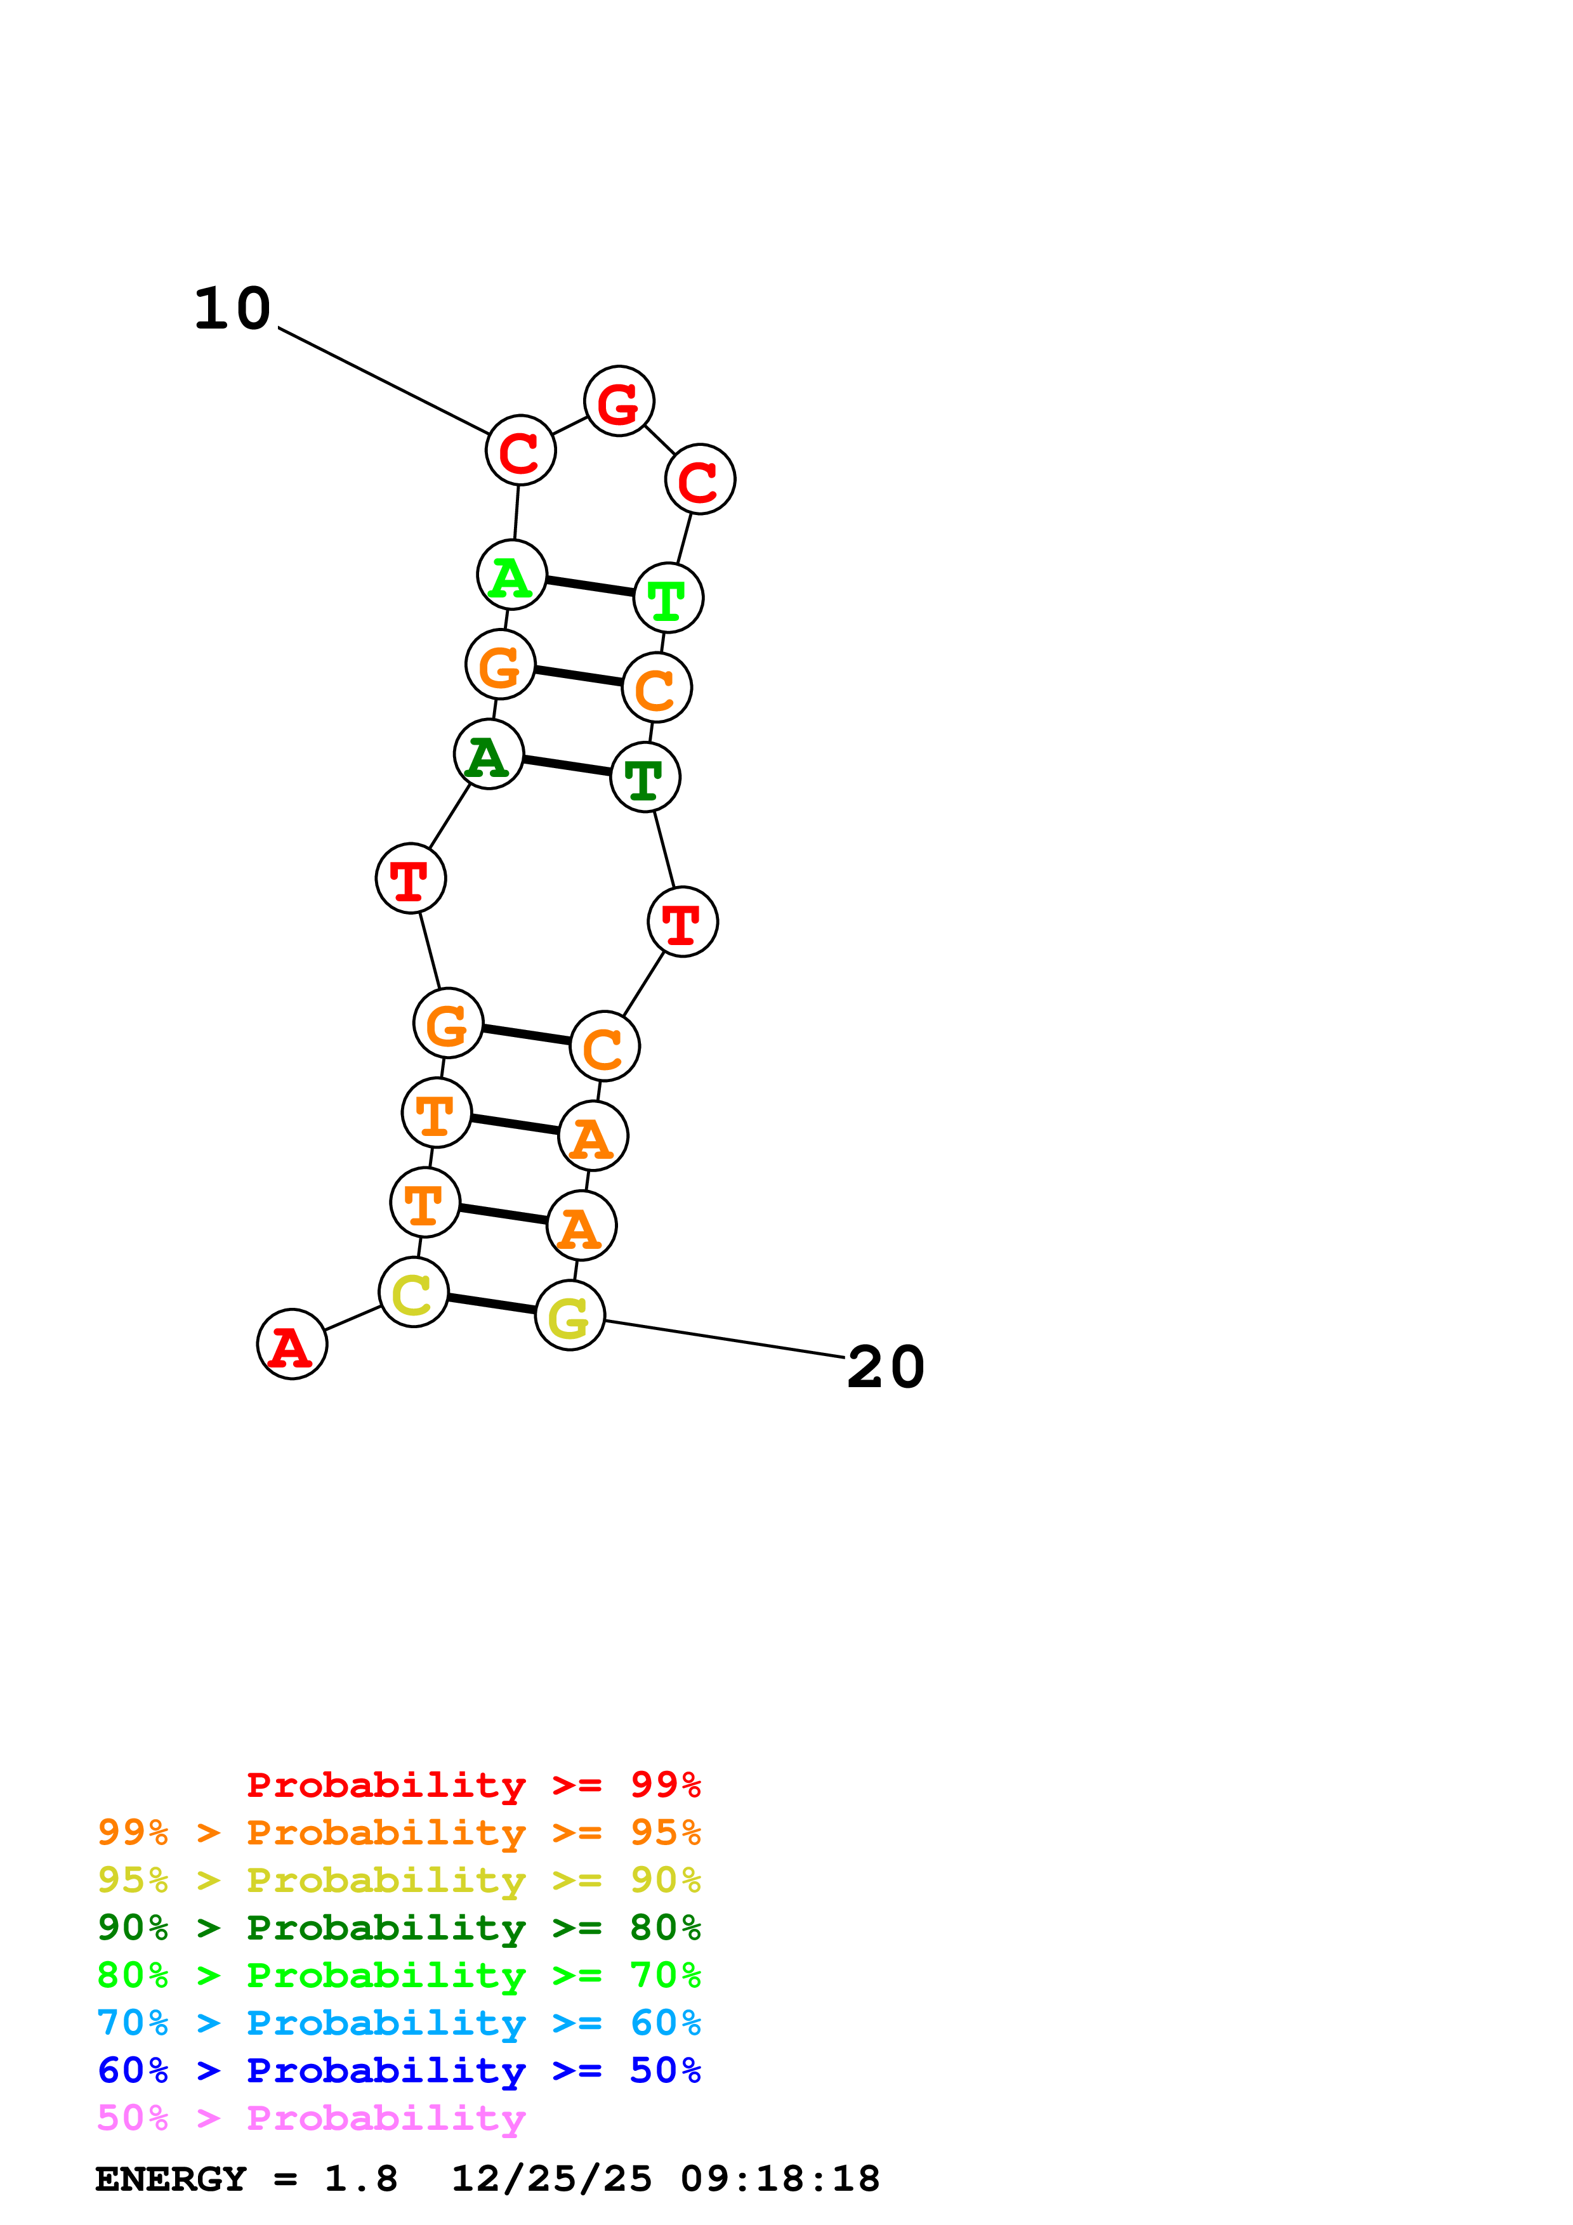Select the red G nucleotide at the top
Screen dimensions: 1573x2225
[x=619, y=401]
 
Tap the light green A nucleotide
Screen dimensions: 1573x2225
[x=511, y=576]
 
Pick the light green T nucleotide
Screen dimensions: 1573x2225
[x=668, y=598]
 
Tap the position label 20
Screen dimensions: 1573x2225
[x=886, y=1367]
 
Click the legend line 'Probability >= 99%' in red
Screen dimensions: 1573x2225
[x=473, y=1785]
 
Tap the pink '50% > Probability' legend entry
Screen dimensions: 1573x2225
[x=311, y=2118]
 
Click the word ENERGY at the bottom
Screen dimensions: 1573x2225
[x=171, y=2179]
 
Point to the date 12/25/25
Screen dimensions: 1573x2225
[x=551, y=2179]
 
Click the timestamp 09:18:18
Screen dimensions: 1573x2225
[x=780, y=2179]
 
